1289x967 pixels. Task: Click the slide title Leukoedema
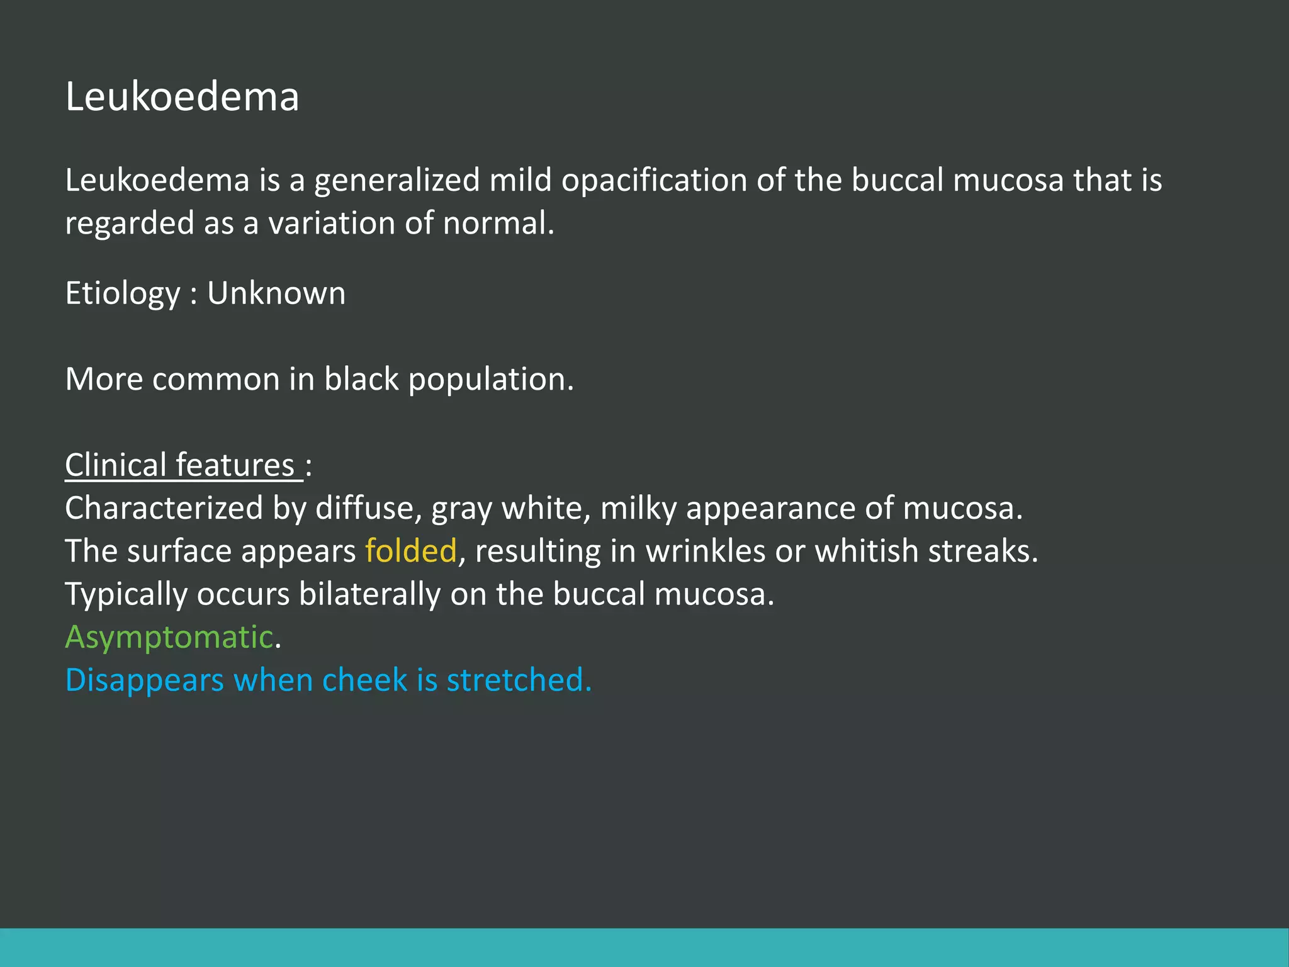(182, 98)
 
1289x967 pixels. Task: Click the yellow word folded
(410, 551)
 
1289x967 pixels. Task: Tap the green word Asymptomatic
(169, 637)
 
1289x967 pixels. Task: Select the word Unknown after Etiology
(276, 293)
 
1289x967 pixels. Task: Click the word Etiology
(123, 294)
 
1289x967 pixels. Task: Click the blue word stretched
(519, 681)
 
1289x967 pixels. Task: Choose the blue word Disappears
(145, 681)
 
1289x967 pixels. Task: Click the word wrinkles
(706, 551)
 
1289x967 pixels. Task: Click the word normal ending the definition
(497, 223)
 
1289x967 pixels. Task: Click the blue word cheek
(364, 681)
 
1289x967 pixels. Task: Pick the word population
(490, 380)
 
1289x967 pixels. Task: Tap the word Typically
(126, 595)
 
